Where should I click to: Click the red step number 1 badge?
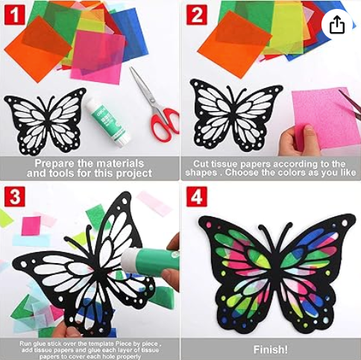pyautogui.click(x=15, y=15)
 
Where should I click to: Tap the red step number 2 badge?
pyautogui.click(x=197, y=15)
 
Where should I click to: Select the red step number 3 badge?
pyautogui.click(x=15, y=197)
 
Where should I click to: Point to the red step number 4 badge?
pyautogui.click(x=197, y=197)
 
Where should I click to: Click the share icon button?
pyautogui.click(x=337, y=25)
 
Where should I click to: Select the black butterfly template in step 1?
pyautogui.click(x=45, y=121)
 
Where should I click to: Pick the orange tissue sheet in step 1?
pyautogui.click(x=38, y=49)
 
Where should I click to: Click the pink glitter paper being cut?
pyautogui.click(x=326, y=119)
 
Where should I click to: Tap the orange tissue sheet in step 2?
pyautogui.click(x=234, y=44)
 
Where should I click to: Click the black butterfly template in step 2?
pyautogui.click(x=236, y=116)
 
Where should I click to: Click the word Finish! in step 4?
pyautogui.click(x=271, y=350)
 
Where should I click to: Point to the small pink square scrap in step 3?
pyautogui.click(x=31, y=226)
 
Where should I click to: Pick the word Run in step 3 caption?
pyautogui.click(x=25, y=344)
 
